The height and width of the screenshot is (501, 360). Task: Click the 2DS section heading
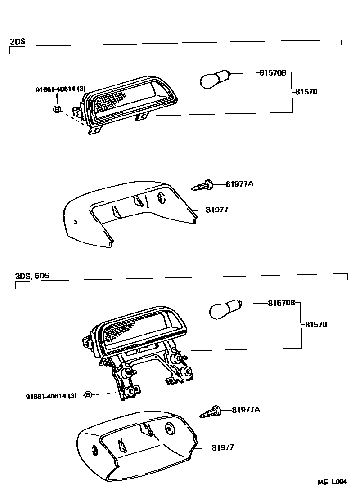[18, 41]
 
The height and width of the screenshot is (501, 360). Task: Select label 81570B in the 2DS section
[273, 72]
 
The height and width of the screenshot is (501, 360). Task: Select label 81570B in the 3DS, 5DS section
[281, 303]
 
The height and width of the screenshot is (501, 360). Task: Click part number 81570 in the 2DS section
[306, 92]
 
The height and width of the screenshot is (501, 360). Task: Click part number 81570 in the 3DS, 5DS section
[316, 324]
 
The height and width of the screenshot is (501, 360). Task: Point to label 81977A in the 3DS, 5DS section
[246, 409]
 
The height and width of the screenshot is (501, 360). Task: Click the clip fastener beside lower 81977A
[212, 411]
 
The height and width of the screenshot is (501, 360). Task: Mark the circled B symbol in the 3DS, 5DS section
[88, 394]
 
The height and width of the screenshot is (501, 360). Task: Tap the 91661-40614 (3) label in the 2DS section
[60, 89]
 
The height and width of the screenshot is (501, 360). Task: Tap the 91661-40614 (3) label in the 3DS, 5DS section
[51, 396]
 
